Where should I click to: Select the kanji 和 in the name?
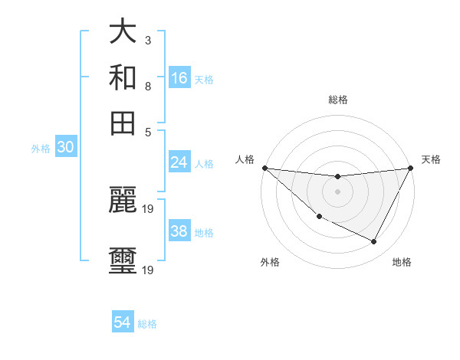(123, 77)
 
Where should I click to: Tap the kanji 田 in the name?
(123, 123)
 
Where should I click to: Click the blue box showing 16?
(179, 78)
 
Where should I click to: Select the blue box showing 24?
(179, 162)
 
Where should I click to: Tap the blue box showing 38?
(179, 231)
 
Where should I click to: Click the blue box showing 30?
(65, 148)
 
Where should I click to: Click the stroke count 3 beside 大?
(148, 40)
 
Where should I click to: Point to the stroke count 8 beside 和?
(148, 86)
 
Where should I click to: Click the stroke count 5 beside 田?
(148, 132)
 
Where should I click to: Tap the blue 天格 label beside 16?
(204, 80)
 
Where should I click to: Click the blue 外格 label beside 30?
(41, 149)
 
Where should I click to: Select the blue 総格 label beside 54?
(147, 324)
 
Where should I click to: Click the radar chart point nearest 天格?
(412, 168)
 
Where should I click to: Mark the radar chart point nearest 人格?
(264, 168)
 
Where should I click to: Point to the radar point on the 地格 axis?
(374, 241)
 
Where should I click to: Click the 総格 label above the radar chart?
(337, 100)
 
